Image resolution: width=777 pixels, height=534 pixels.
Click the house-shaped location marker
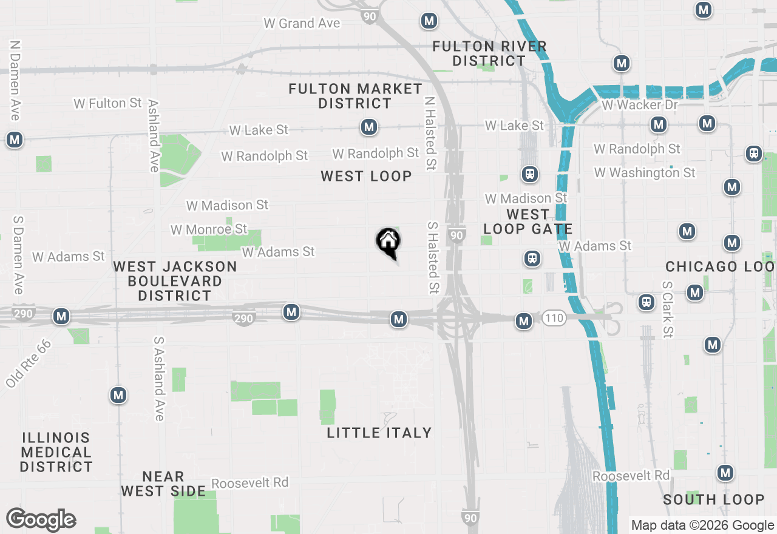click(388, 243)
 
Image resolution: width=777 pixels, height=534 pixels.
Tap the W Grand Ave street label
click(302, 24)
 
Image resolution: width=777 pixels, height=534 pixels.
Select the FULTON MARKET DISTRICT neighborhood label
click(355, 96)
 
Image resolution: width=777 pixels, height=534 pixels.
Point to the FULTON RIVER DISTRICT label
click(489, 53)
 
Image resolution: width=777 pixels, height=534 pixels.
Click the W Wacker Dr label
click(639, 105)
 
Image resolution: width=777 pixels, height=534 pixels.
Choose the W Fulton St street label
click(107, 103)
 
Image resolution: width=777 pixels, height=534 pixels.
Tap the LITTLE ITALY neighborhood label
click(379, 433)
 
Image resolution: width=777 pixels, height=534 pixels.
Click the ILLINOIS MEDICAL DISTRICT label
click(56, 452)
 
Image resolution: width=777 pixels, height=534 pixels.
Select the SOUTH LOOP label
click(713, 499)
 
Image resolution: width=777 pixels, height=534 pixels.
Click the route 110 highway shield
click(554, 318)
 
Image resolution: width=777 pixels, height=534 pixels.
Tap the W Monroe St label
click(209, 229)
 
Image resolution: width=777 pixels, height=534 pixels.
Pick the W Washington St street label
click(645, 173)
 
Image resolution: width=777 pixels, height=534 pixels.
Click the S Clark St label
click(668, 309)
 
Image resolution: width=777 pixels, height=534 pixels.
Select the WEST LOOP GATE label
click(528, 221)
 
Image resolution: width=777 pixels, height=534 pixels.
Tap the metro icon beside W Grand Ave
click(429, 21)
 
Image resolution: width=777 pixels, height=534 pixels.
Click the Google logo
click(41, 520)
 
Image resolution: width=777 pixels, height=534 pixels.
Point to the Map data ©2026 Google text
click(702, 526)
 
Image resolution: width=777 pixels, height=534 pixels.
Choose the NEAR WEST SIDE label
click(163, 484)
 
